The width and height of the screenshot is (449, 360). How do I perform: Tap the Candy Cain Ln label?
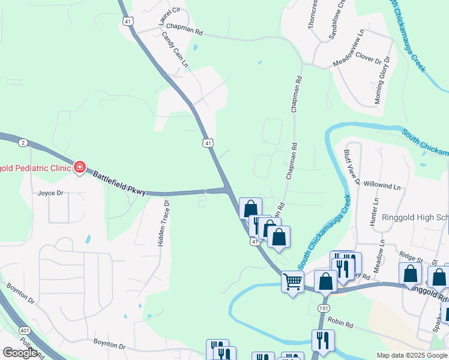point(175,49)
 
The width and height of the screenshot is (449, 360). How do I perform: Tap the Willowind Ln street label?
point(382,187)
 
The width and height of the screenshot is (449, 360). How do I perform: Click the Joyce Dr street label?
point(50,193)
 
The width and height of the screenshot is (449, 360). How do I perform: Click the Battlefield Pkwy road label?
point(119,182)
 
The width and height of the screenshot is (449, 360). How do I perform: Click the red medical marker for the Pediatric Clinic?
point(79,167)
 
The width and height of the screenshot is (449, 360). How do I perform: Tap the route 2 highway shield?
point(22,142)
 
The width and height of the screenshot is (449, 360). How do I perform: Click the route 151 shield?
point(324,308)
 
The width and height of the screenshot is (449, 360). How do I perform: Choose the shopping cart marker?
point(292,281)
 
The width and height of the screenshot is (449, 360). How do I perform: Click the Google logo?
point(20,353)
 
